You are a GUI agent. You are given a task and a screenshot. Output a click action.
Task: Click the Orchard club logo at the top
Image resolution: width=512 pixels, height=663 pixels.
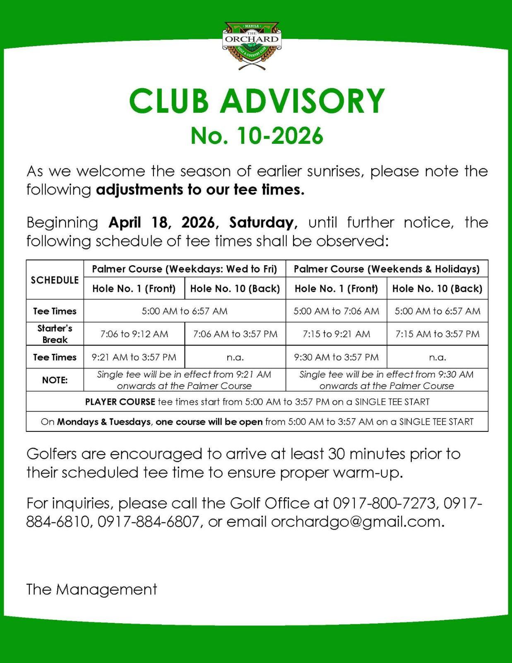pos(252,45)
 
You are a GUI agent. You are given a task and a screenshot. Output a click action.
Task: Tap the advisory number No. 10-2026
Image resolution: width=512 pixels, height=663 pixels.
pos(257,136)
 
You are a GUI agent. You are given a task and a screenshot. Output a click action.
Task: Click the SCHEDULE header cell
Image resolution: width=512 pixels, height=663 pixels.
pos(55,280)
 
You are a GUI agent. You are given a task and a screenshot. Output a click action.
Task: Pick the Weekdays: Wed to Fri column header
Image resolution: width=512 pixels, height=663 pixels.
pos(185,269)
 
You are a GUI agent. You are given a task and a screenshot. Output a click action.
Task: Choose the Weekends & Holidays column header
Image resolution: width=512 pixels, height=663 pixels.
pos(387,269)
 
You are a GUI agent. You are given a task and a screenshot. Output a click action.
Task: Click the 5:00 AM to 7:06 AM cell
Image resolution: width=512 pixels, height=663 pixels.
pos(336,311)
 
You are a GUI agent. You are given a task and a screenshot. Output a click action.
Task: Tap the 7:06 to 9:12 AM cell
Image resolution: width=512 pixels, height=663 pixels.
pos(134,334)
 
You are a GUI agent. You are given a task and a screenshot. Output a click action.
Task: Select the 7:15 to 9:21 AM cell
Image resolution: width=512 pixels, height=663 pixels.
pos(336,334)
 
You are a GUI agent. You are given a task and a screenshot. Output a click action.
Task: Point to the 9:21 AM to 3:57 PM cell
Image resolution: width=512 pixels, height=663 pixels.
pos(134,357)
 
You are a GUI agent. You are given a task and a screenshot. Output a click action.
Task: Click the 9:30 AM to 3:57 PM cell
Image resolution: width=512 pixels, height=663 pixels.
pos(336,357)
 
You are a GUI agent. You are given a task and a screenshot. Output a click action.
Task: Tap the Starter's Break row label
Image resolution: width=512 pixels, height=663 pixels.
pos(55,334)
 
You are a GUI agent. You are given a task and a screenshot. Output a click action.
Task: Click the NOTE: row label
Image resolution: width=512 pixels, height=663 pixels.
pos(55,380)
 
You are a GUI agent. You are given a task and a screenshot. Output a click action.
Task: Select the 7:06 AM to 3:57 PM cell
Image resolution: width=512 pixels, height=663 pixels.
pos(235,334)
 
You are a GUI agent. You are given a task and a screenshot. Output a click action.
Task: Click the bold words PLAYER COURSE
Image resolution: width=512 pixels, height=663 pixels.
pos(120,402)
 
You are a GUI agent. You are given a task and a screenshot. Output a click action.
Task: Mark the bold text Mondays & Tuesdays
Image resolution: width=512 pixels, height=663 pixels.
pos(104,422)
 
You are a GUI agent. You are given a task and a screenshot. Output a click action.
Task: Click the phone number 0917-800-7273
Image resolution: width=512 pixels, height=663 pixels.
pos(384,503)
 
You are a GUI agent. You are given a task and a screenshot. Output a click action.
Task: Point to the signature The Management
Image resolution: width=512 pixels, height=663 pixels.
pos(91,589)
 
